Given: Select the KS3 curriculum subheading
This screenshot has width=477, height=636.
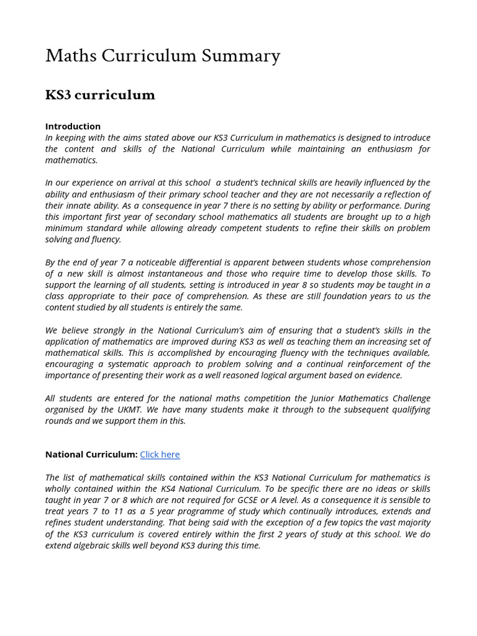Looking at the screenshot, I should (100, 95).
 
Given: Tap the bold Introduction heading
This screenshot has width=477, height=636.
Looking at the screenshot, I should (73, 126).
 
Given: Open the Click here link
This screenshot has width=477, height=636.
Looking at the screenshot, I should (160, 455).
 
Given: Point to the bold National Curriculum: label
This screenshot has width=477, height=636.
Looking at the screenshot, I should (91, 455).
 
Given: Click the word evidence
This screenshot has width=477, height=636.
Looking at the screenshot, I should (383, 375).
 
